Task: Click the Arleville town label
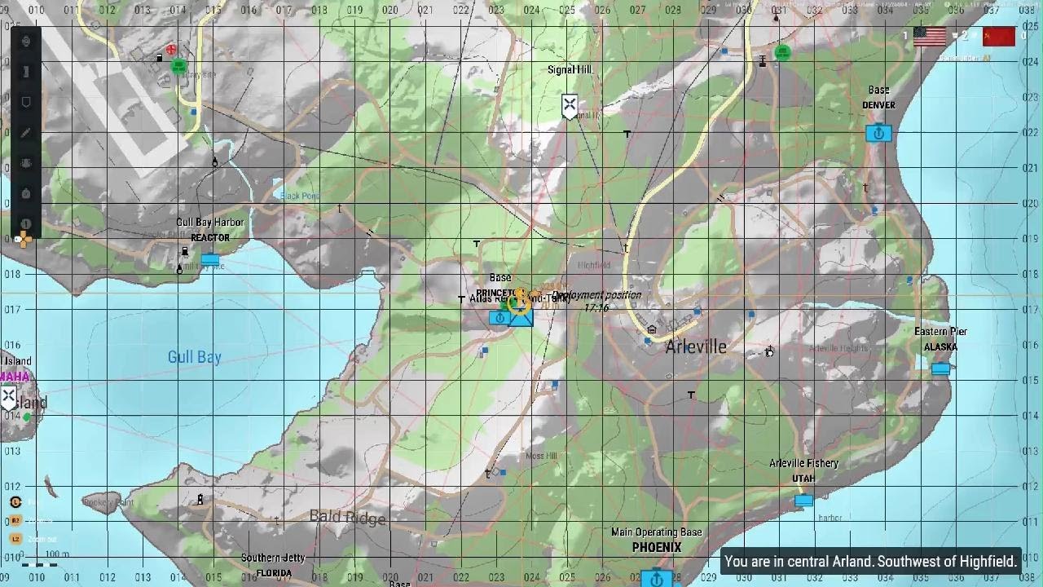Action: pyautogui.click(x=695, y=346)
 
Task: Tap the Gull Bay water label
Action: pyautogui.click(x=194, y=357)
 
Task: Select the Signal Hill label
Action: pyautogui.click(x=570, y=70)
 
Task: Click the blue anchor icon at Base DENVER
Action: pyautogui.click(x=878, y=133)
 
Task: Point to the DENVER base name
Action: pyautogui.click(x=878, y=105)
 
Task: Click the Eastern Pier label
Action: pyautogui.click(x=940, y=332)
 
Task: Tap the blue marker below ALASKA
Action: pyautogui.click(x=940, y=369)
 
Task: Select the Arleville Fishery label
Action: pyautogui.click(x=803, y=463)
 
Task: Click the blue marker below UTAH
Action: pyautogui.click(x=803, y=500)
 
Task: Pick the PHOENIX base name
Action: pyautogui.click(x=656, y=548)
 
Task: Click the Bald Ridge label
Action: pyautogui.click(x=348, y=518)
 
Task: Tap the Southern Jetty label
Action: pyautogui.click(x=273, y=558)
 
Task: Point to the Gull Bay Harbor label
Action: pyautogui.click(x=209, y=223)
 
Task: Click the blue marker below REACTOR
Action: pyautogui.click(x=210, y=260)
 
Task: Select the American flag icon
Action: pyautogui.click(x=930, y=37)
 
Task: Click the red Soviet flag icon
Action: pyautogui.click(x=999, y=37)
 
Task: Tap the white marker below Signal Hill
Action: pyautogui.click(x=570, y=105)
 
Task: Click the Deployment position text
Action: pyautogui.click(x=596, y=295)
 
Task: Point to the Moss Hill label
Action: pyautogui.click(x=541, y=456)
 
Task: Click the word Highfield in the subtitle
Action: pyautogui.click(x=988, y=562)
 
